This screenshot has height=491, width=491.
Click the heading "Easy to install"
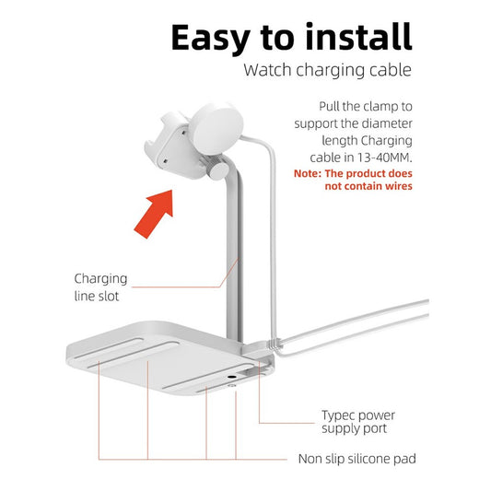click(291, 38)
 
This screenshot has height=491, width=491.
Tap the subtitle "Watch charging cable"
click(328, 70)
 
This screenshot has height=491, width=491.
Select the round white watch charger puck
click(216, 129)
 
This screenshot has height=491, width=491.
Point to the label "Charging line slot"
click(100, 287)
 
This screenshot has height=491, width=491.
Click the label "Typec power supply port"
click(358, 422)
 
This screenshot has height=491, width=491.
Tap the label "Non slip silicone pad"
click(357, 459)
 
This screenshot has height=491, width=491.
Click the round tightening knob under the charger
click(218, 170)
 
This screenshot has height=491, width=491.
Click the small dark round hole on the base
click(232, 378)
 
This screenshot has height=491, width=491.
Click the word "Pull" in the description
click(329, 107)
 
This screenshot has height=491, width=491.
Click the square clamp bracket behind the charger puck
click(170, 146)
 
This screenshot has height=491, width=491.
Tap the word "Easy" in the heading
click(211, 38)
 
